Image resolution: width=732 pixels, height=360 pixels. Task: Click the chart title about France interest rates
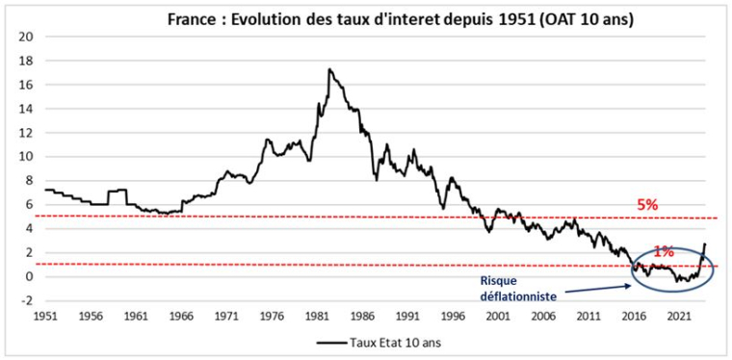400,18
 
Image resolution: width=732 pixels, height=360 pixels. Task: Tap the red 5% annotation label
648,205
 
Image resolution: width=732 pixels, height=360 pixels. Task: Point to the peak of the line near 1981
329,69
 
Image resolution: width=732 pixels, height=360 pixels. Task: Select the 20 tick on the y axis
27,37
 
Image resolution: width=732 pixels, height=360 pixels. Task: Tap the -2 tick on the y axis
27,300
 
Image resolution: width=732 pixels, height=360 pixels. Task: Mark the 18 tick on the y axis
27,61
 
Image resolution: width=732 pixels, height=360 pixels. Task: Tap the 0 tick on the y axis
29,276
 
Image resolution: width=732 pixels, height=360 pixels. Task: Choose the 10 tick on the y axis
27,156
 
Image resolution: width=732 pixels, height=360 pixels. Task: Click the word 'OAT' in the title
559,18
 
